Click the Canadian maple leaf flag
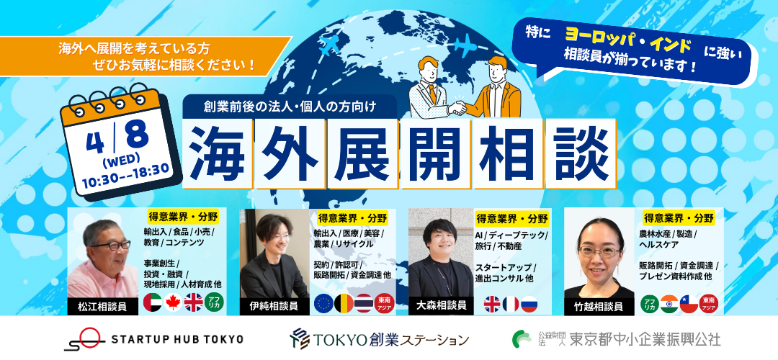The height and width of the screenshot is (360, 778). tap(173, 302)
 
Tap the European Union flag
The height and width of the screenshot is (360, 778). tap(323, 303)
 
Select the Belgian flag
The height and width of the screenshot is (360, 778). tap(344, 303)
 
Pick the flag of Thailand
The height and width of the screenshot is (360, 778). tap(364, 303)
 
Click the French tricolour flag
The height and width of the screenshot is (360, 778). tap(511, 303)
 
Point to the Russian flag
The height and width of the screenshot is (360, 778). tap(529, 303)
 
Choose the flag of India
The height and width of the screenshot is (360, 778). tap(669, 303)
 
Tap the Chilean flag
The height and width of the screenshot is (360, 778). tap(689, 303)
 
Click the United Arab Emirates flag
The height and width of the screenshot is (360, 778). tap(152, 302)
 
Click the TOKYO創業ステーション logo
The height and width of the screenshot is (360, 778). tap(380, 339)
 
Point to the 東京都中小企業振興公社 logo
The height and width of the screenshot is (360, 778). tap(616, 339)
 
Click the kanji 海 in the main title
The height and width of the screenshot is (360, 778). tap(218, 154)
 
